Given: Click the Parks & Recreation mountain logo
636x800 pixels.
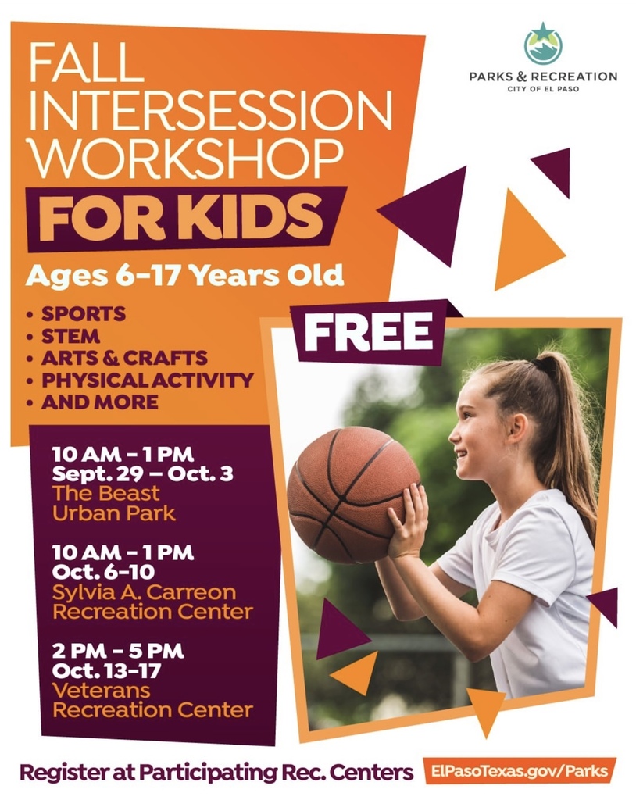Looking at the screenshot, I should (542, 44).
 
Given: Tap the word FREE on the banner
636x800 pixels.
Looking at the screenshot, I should (367, 331).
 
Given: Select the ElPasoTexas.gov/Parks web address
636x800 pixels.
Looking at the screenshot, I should (520, 771).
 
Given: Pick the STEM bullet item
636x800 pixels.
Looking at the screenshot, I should (70, 337).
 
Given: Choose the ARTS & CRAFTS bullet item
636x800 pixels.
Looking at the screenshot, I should (124, 359).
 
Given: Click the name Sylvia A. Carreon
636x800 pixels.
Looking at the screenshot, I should (143, 591).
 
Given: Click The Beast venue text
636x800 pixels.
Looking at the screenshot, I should (105, 494).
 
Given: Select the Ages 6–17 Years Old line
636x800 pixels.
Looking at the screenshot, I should (184, 275).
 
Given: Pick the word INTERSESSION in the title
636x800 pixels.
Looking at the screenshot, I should (209, 114).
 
